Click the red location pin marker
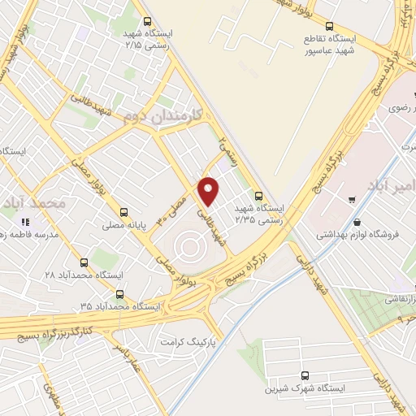(x=209, y=191)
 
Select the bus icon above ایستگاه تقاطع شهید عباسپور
(x=330, y=26)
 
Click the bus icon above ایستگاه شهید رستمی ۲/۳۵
(x=258, y=195)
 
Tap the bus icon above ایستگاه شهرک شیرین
(x=305, y=375)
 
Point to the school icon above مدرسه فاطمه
(x=27, y=221)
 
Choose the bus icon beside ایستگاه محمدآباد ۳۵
(x=119, y=294)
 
